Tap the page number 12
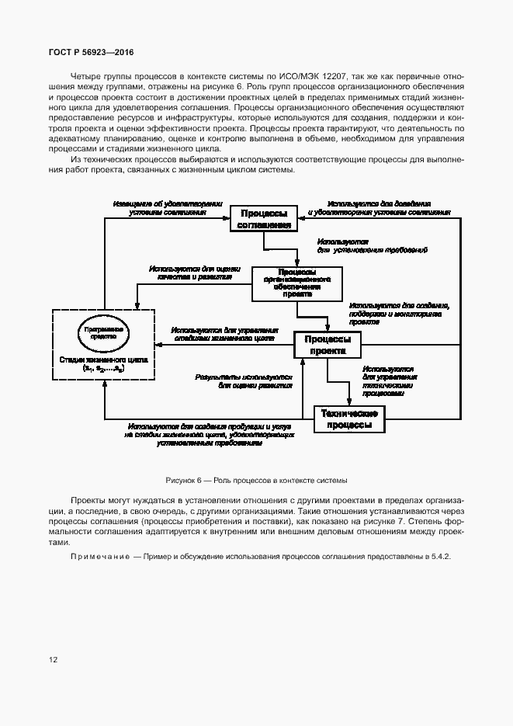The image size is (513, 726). click(54, 660)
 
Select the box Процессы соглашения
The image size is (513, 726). click(264, 219)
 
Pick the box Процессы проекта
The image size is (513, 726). click(327, 345)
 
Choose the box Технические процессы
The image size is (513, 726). click(349, 419)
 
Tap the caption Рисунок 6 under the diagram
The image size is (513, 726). click(256, 481)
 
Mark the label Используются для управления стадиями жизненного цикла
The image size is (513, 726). click(223, 334)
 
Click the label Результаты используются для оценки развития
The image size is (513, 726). click(244, 380)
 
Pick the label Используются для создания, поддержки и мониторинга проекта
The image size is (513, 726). click(400, 313)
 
